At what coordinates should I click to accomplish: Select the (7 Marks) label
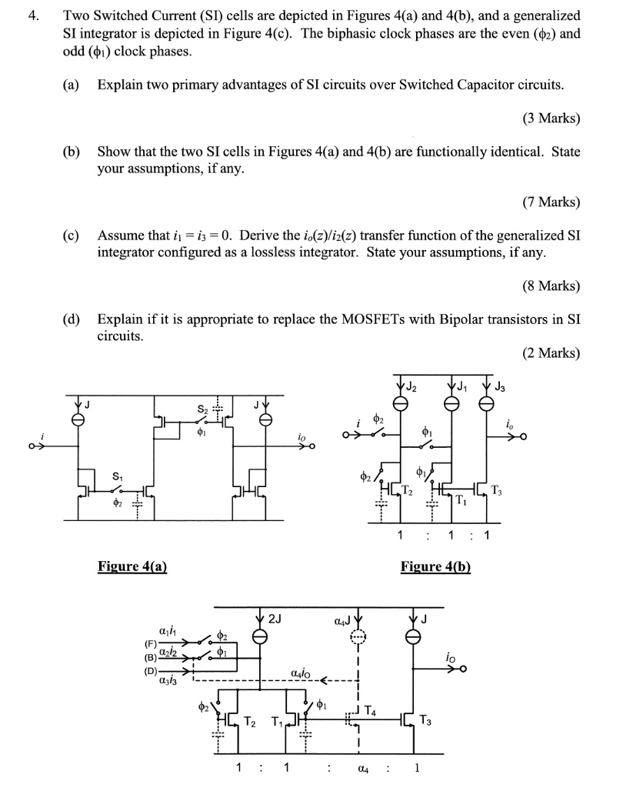pos(551,202)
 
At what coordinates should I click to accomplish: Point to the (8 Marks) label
pos(551,285)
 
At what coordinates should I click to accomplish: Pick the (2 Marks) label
pos(551,353)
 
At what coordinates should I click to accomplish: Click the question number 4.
pos(32,15)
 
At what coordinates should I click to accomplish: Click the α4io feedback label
pos(302,674)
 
